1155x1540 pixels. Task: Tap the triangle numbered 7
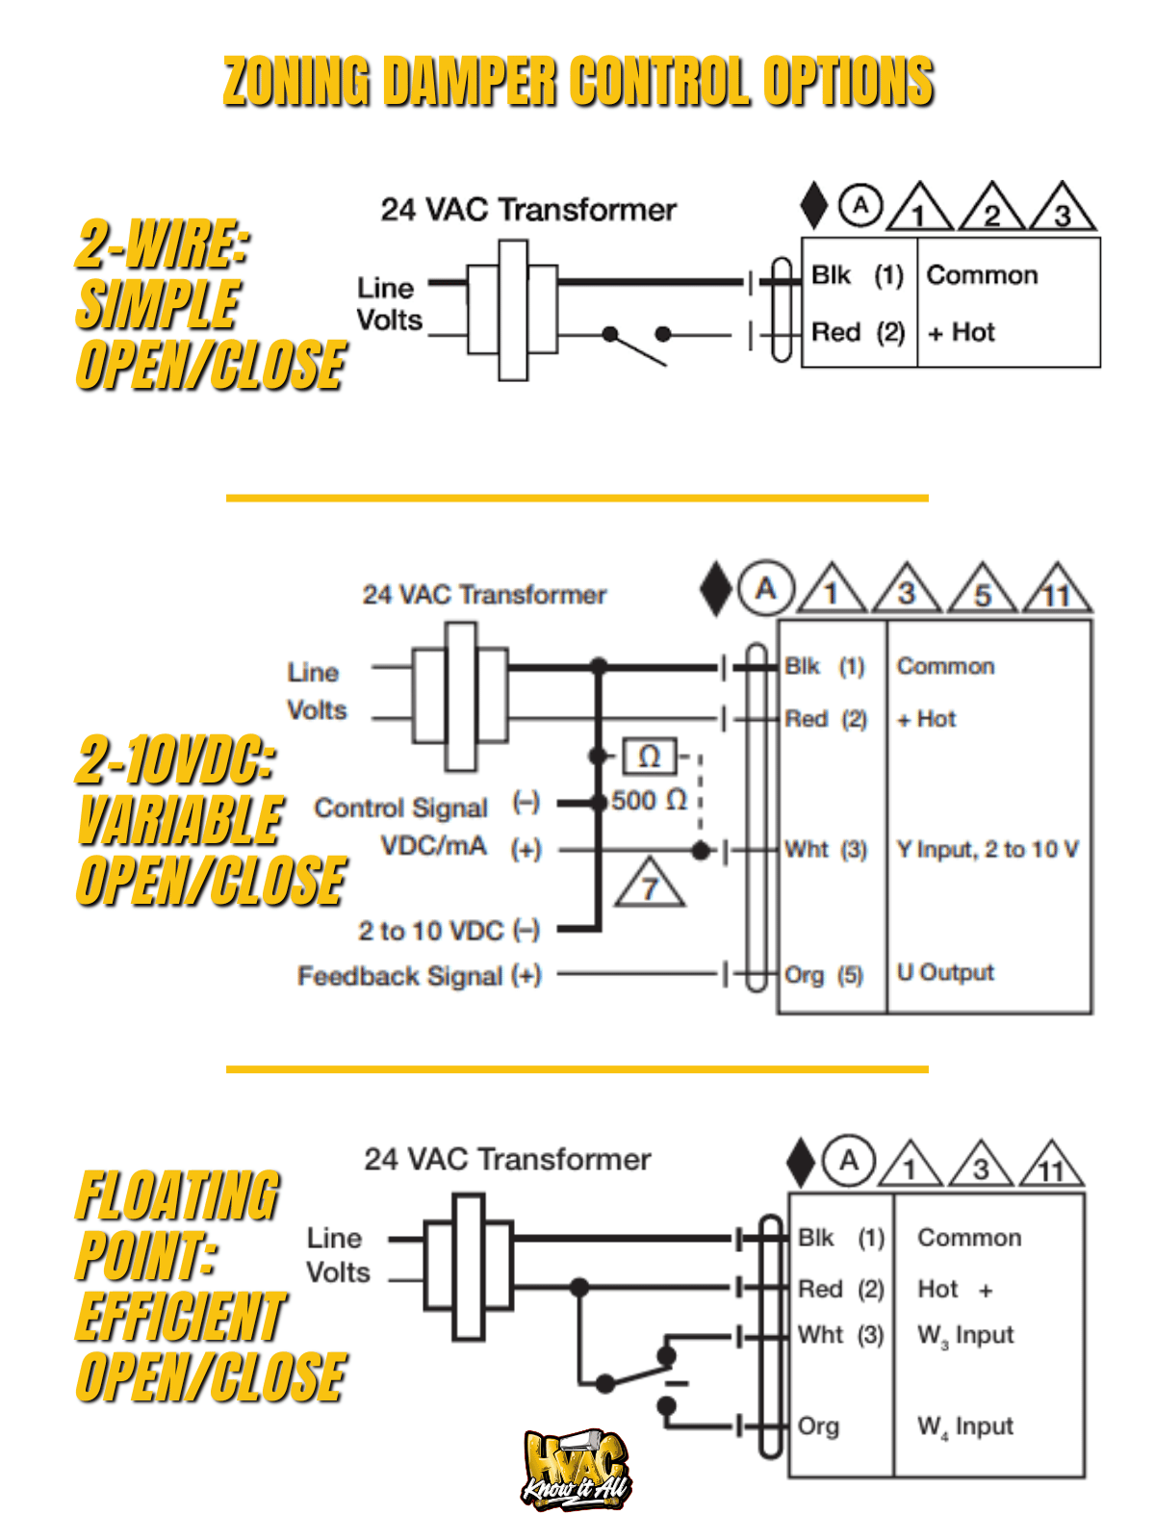click(650, 885)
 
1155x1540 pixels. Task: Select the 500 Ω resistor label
click(649, 800)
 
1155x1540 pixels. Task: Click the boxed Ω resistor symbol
click(650, 757)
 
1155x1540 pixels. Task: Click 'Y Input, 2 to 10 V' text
click(988, 849)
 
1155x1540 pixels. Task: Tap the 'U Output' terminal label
click(945, 972)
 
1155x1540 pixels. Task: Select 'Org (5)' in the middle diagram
click(824, 975)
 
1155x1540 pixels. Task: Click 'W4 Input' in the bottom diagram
click(965, 1426)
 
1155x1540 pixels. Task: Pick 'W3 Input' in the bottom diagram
click(965, 1335)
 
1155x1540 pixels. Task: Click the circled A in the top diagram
click(860, 205)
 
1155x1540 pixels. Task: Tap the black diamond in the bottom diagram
click(801, 1162)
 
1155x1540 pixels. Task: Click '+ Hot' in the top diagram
click(961, 332)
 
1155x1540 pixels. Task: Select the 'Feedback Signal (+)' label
click(420, 975)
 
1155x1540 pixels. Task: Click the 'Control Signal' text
click(400, 808)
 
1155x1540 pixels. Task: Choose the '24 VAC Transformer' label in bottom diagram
click(507, 1159)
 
